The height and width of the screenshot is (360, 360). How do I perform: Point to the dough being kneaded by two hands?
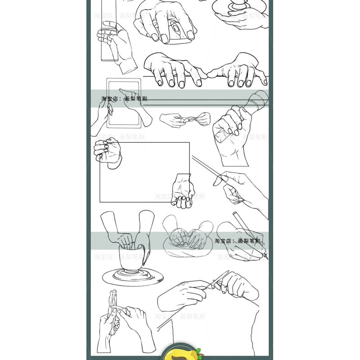[x=187, y=245]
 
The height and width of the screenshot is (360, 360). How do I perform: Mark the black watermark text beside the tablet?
[x=124, y=99]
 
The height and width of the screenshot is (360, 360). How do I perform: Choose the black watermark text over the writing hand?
[x=237, y=241]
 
